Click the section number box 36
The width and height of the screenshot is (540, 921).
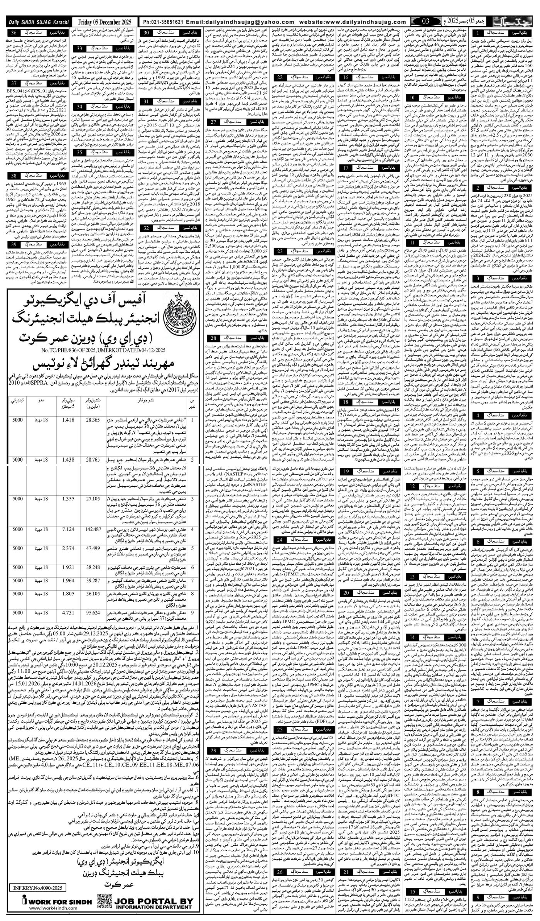[14, 33]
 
